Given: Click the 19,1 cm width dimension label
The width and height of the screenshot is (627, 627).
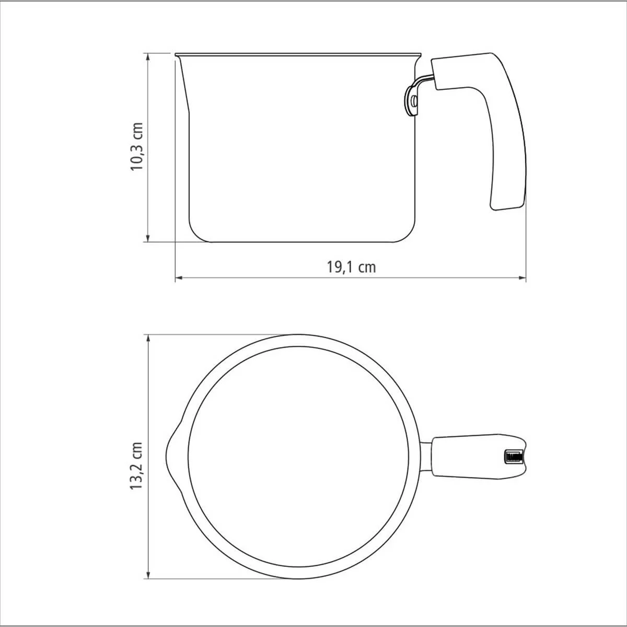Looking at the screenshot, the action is [x=351, y=267].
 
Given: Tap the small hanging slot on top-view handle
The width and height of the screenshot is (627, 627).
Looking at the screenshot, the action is [x=514, y=457].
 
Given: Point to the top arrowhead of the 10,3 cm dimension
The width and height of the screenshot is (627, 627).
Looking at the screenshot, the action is [x=148, y=57].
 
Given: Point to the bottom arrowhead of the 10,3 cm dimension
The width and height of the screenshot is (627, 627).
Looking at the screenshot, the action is [x=148, y=238].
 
